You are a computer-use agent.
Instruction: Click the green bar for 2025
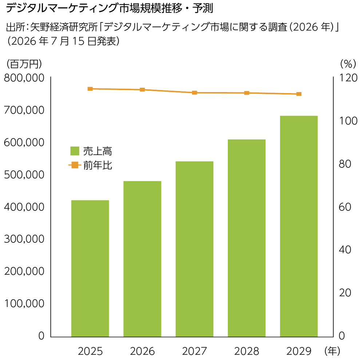(90, 268)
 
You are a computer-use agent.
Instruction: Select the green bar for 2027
(194, 249)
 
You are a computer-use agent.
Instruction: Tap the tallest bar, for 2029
(299, 226)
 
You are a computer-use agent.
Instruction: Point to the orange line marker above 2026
(142, 90)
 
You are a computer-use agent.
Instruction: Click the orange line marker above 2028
(246, 93)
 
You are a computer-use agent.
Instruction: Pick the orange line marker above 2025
(90, 89)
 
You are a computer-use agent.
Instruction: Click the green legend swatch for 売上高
(75, 151)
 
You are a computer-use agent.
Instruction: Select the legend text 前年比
(98, 165)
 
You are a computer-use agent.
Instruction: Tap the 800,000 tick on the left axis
(24, 78)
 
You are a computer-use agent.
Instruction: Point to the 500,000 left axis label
(24, 175)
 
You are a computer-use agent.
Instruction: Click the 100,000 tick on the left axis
(24, 304)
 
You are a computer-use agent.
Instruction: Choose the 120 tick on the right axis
(348, 78)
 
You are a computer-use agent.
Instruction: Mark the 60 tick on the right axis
(345, 207)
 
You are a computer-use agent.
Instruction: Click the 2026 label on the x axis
(142, 351)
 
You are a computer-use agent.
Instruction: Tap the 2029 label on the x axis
(299, 351)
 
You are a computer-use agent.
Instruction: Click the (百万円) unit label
(24, 64)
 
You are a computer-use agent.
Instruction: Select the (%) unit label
(348, 64)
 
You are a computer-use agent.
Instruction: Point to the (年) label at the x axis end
(332, 351)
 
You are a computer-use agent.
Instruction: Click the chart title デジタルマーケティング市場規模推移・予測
(109, 8)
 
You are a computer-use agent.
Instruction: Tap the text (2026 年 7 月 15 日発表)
(63, 41)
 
